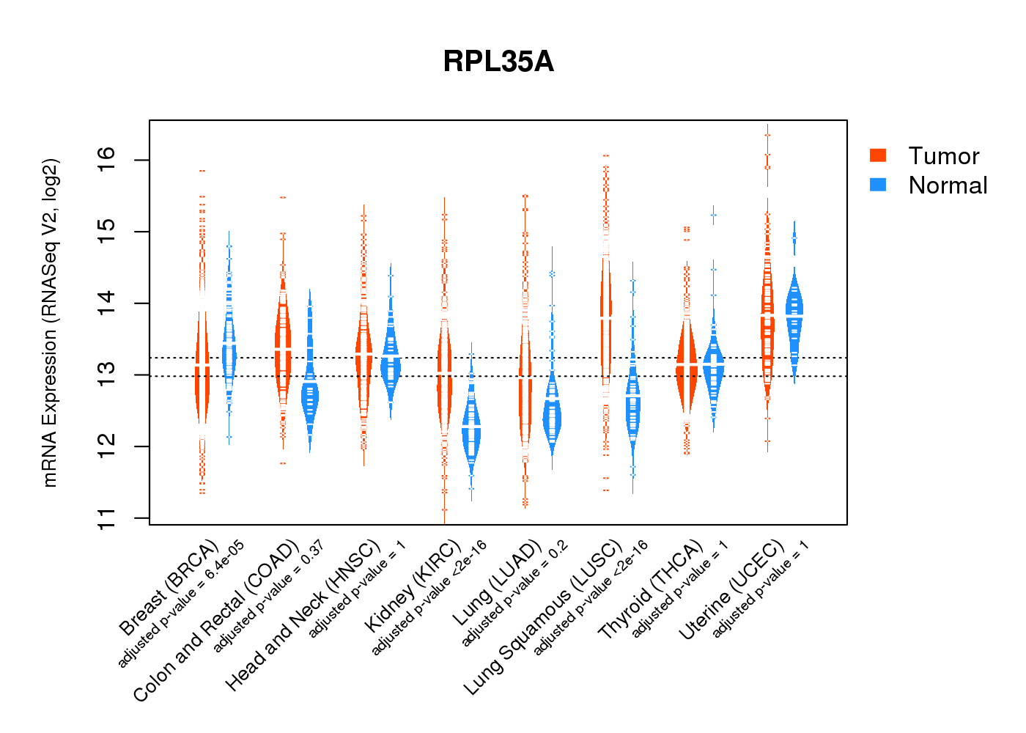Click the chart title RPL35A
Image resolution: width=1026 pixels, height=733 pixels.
point(498,62)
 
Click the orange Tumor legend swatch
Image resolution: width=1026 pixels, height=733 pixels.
point(878,155)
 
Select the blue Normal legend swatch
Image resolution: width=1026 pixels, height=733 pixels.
point(878,185)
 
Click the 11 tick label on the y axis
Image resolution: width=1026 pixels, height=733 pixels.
point(107,517)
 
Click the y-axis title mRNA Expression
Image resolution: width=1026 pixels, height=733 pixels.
point(50,323)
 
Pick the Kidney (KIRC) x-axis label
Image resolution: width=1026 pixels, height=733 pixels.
point(413,586)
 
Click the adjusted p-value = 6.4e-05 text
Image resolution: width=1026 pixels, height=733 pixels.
point(181,605)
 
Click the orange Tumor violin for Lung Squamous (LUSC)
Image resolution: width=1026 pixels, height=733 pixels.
point(606,315)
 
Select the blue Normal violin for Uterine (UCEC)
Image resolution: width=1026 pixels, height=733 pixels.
point(794,315)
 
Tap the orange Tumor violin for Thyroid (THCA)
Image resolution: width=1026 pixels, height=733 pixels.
point(687,366)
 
